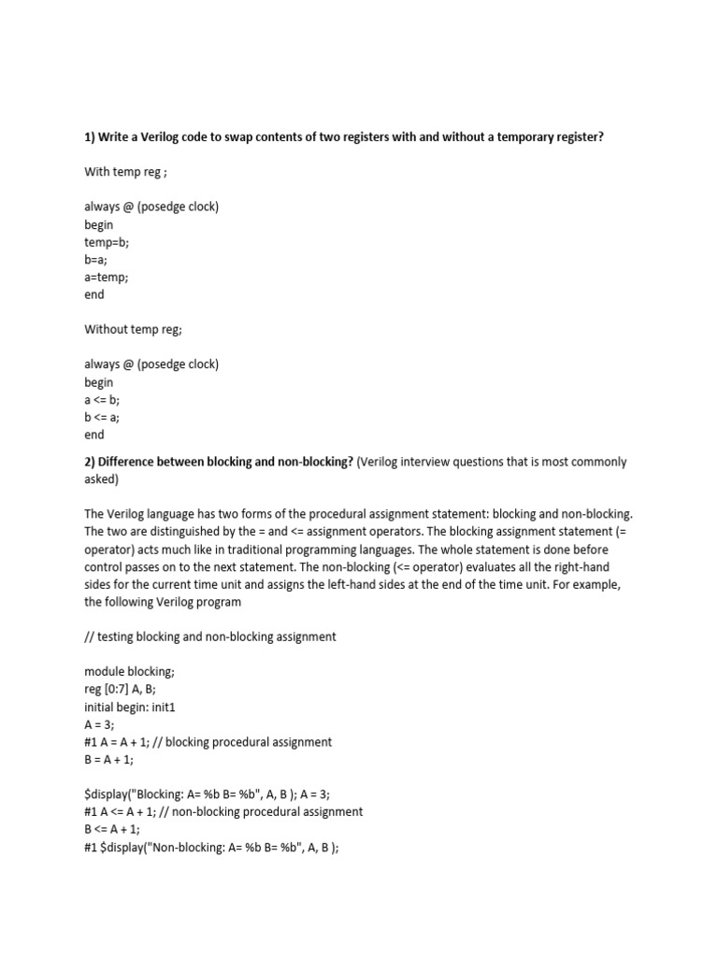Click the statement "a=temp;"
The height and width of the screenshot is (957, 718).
coord(107,277)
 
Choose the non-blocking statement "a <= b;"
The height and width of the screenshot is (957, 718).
coord(102,399)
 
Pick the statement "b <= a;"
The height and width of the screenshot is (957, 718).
coord(102,417)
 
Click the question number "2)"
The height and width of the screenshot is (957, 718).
coord(91,462)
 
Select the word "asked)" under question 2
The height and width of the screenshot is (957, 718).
coord(103,478)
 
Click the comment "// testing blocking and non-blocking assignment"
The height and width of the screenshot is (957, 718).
coord(210,636)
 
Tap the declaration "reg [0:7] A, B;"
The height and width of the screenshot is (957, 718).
coord(130,689)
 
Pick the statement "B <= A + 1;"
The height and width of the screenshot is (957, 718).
coord(116,829)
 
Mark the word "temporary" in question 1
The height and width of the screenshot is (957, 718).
coord(508,137)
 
